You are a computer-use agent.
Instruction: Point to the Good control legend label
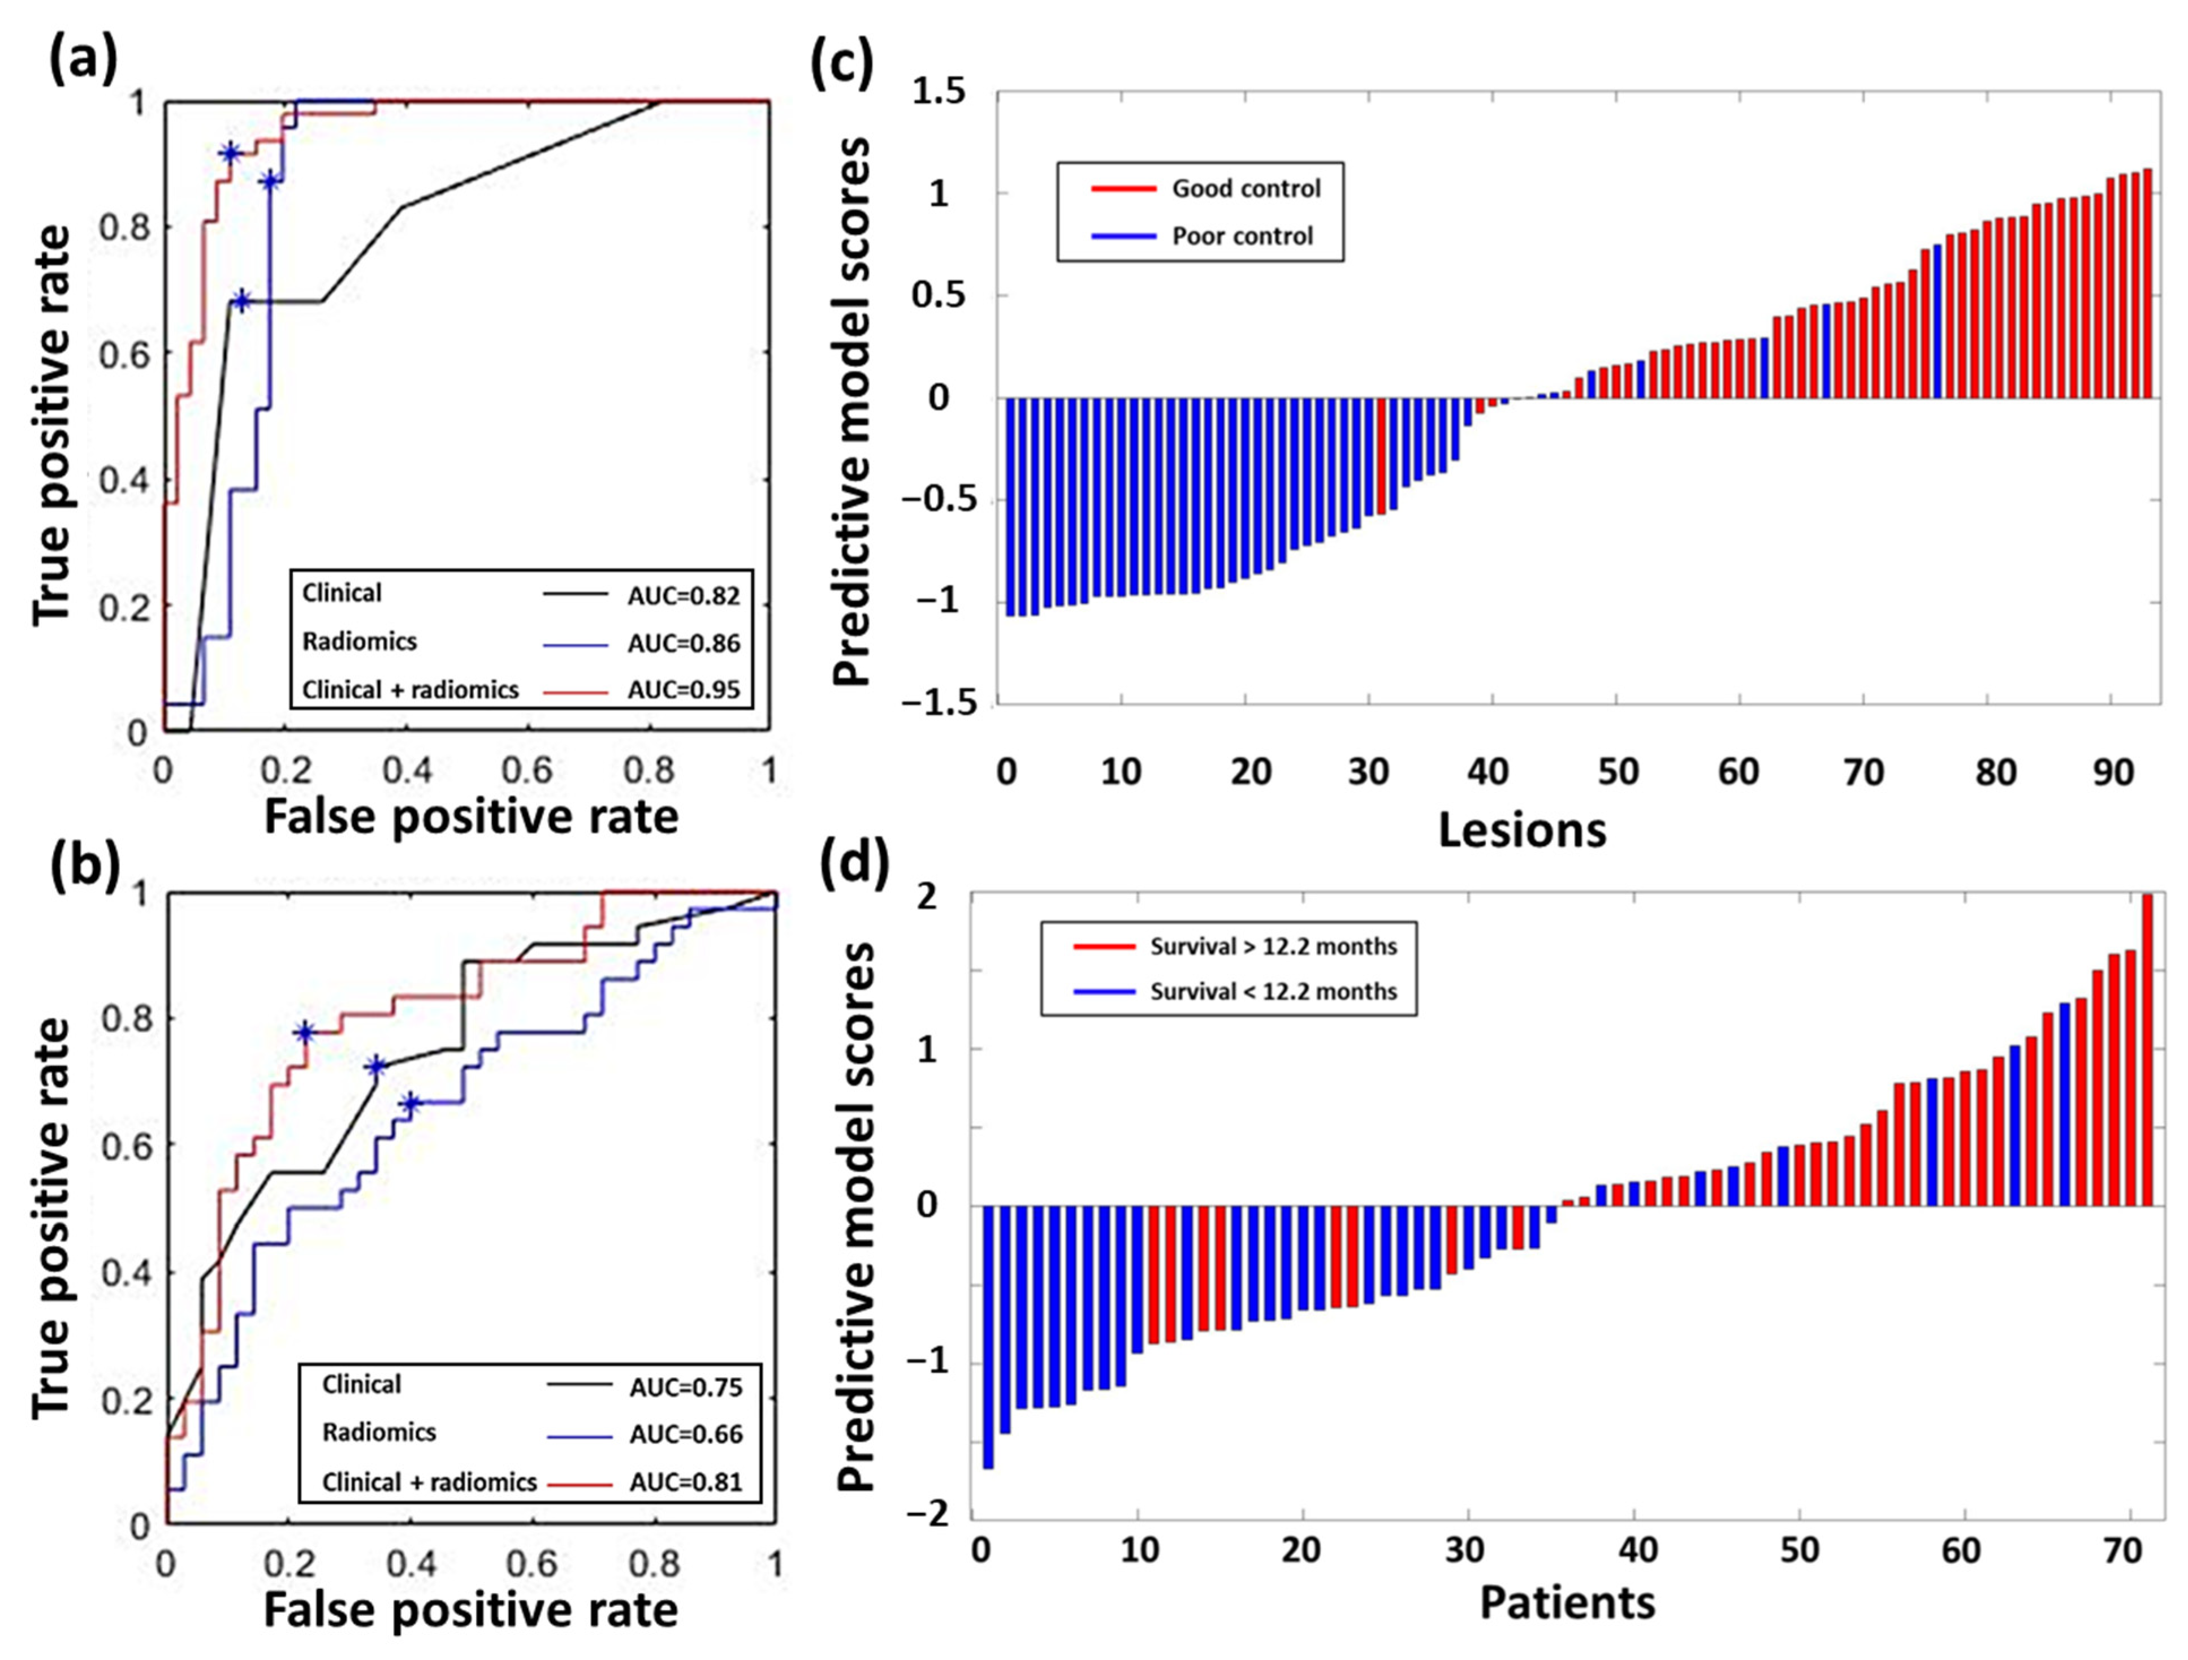[1246, 188]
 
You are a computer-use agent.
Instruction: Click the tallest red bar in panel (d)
[2147, 1049]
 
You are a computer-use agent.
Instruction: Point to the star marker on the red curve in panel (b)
[305, 1032]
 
